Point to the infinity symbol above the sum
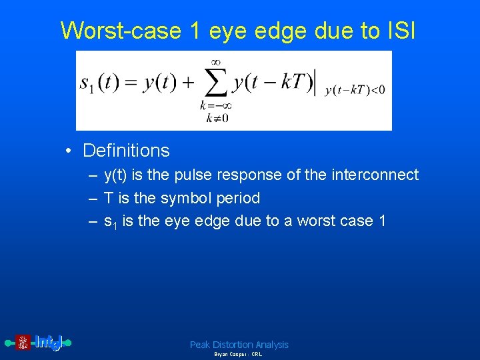216,62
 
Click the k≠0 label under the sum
216,118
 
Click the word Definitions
126,151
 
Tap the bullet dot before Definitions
69,151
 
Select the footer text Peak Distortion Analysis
239,345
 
